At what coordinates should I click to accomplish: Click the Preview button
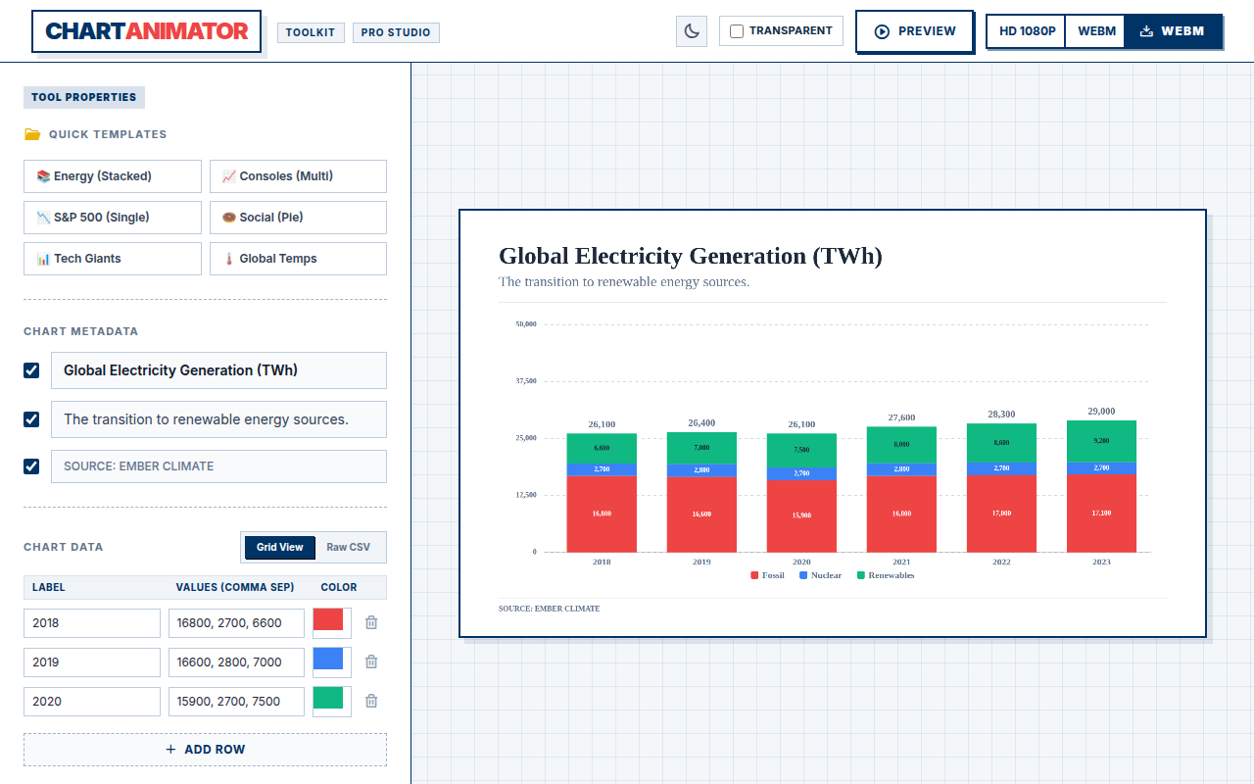[915, 31]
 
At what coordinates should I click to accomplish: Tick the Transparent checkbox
[737, 31]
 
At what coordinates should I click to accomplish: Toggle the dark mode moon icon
[692, 31]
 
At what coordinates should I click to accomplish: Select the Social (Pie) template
[298, 218]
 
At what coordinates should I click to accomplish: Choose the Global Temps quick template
[298, 259]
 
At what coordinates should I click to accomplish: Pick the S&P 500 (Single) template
[113, 218]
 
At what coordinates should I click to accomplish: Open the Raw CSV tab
[348, 547]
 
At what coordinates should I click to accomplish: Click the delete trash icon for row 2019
[371, 661]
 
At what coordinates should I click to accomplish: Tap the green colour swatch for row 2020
[328, 699]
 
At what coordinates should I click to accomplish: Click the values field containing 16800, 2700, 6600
[236, 623]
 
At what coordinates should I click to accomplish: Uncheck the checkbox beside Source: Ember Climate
[31, 466]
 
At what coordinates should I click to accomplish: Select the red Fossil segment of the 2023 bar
[1101, 514]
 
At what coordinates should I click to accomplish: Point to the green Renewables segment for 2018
[602, 449]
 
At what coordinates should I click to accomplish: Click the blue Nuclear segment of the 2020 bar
[801, 473]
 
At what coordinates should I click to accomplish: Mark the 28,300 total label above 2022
[1001, 415]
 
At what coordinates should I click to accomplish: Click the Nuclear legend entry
[820, 575]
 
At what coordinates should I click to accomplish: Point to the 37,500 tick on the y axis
[526, 381]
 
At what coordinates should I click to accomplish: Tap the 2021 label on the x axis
[901, 562]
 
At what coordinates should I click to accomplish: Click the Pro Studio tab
[396, 32]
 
